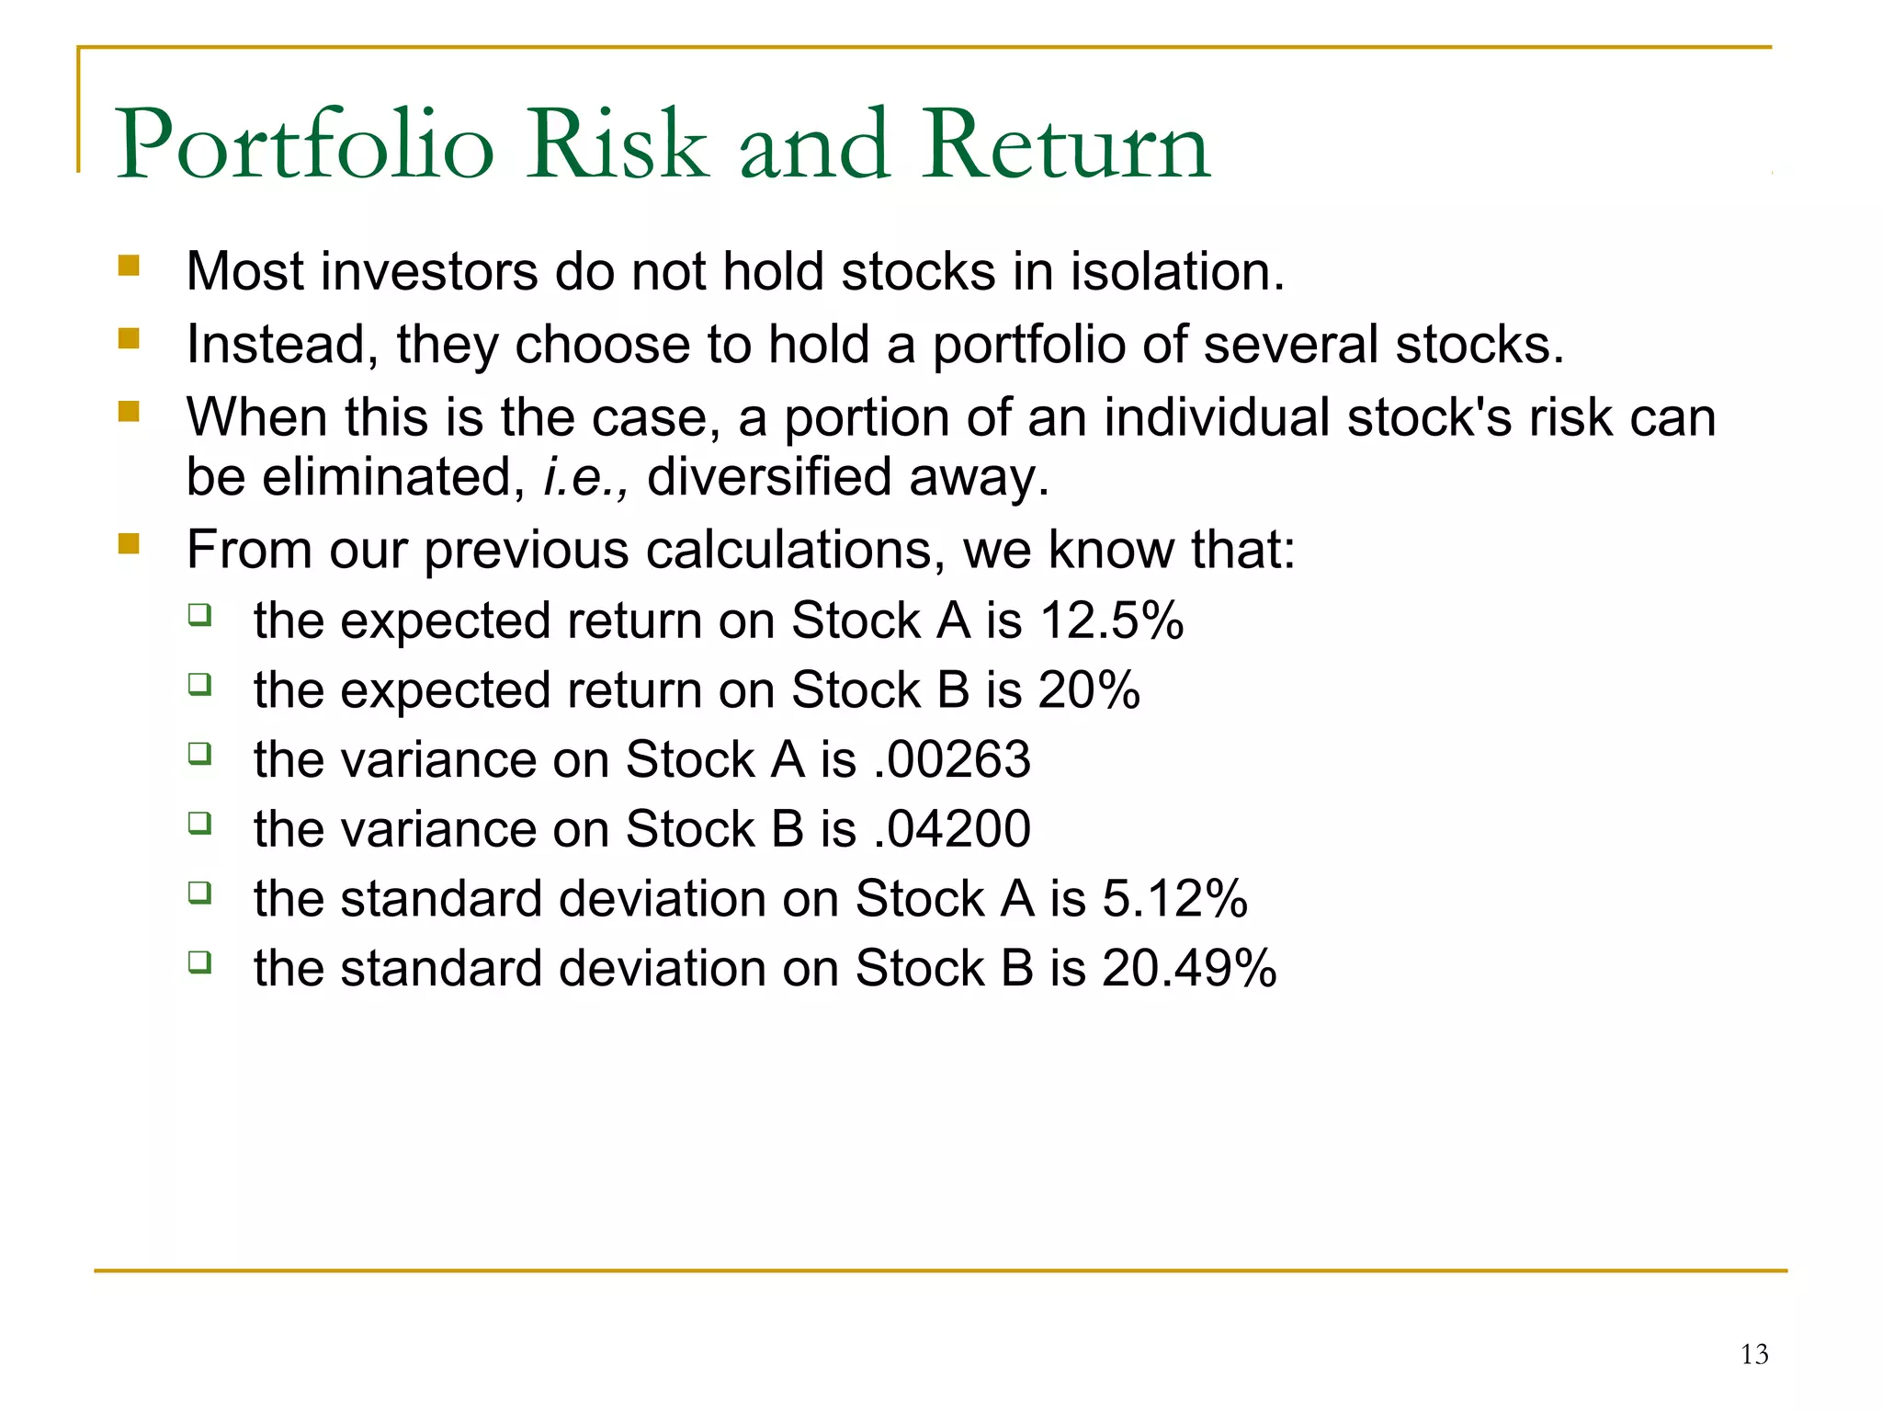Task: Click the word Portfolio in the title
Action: point(305,145)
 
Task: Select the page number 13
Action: point(1753,1354)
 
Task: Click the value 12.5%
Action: point(1112,621)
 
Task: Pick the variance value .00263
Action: point(953,760)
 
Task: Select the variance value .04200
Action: point(953,829)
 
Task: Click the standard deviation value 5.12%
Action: point(1174,899)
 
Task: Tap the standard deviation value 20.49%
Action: point(1189,969)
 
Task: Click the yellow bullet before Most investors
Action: point(129,267)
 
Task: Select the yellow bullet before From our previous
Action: point(129,544)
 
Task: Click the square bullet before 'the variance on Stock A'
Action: point(200,754)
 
